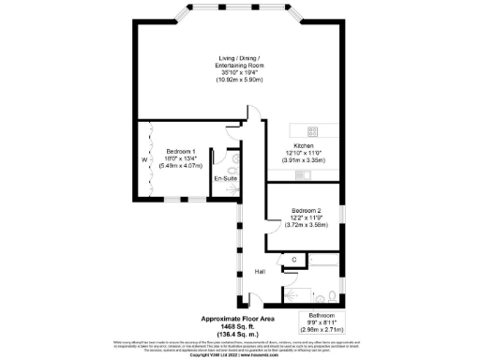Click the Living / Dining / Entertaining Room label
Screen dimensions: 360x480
[240, 62]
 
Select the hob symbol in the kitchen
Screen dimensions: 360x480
[313, 130]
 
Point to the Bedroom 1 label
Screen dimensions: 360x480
[181, 152]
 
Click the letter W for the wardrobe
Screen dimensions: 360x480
[143, 159]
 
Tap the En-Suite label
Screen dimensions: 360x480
[225, 177]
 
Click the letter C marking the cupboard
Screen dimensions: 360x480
[294, 259]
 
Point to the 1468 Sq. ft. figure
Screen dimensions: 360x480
[241, 324]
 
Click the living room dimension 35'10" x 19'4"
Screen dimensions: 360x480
[240, 73]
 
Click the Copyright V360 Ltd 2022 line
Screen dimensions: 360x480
[240, 355]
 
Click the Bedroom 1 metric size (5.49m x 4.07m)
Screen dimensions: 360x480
[181, 166]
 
